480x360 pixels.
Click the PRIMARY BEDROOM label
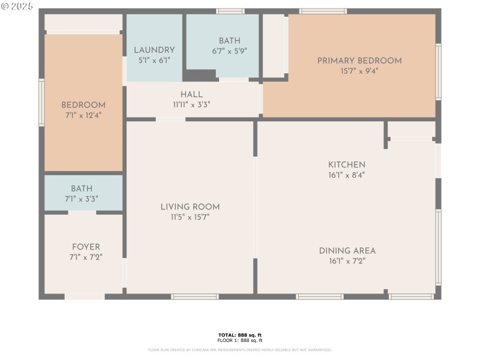click(359, 61)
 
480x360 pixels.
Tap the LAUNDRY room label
click(154, 50)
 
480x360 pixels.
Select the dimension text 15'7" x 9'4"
click(359, 71)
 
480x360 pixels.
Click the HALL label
click(191, 94)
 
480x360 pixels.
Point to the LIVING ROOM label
click(190, 207)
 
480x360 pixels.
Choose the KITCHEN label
click(346, 165)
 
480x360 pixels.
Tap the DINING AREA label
click(347, 251)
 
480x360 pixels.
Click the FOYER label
click(86, 247)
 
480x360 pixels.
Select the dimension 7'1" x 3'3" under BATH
click(82, 199)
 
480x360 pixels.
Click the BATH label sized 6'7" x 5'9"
click(229, 41)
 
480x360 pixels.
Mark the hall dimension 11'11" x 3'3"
click(191, 104)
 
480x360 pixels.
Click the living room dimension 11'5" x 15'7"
click(190, 217)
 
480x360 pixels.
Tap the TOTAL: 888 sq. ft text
click(239, 335)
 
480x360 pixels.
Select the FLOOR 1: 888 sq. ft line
click(239, 340)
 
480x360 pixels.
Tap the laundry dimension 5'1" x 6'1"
click(154, 60)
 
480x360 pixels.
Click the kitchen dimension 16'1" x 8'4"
click(346, 175)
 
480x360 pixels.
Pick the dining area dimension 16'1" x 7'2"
click(347, 261)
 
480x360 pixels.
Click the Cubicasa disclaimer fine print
click(239, 350)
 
